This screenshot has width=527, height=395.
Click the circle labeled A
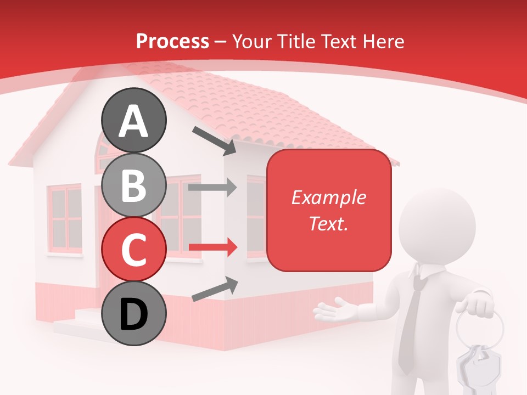click(x=134, y=121)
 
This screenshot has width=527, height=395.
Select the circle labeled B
click(x=134, y=185)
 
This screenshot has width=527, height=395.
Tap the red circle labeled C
click(x=134, y=249)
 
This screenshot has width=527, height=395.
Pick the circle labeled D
click(x=134, y=313)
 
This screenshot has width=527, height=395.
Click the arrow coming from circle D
click(x=215, y=289)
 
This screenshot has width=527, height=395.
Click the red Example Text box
click(x=329, y=211)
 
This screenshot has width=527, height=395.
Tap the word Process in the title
click(x=172, y=41)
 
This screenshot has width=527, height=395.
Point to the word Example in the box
click(x=329, y=198)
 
